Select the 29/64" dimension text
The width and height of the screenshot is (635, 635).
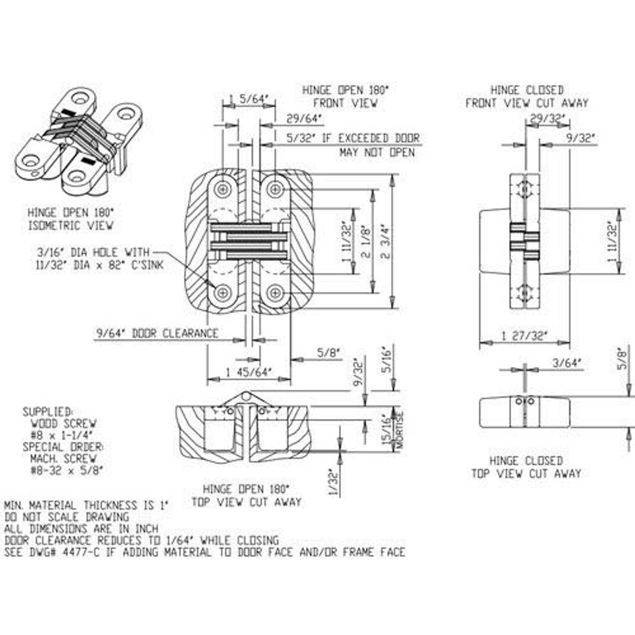coord(304,119)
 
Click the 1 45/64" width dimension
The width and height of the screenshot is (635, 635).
coord(249,372)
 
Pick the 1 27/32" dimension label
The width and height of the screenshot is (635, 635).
coord(524,336)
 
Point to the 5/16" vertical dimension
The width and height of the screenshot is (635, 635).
coord(387,360)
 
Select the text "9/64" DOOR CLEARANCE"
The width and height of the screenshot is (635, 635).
coord(157,333)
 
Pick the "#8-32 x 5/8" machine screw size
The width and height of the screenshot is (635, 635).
coord(66,470)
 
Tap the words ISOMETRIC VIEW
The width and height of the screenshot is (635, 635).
coord(70,225)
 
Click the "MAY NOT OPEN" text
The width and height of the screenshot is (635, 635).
coord(377,152)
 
